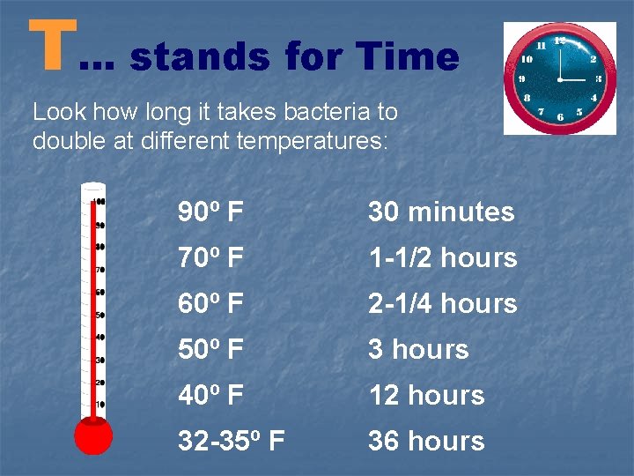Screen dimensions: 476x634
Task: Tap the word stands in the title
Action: tap(202, 58)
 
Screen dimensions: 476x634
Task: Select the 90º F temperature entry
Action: tap(211, 212)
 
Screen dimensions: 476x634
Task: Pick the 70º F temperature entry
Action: tap(211, 258)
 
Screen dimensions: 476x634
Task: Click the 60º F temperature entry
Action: tap(211, 304)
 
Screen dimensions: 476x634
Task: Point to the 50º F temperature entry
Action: tap(211, 350)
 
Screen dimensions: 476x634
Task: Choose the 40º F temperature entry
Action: tap(211, 396)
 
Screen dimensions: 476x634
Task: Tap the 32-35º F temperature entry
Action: tap(231, 442)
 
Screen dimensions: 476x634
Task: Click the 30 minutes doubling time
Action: tap(440, 212)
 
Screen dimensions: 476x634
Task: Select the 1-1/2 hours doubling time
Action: tap(442, 258)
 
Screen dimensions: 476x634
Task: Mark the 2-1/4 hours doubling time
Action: tap(442, 304)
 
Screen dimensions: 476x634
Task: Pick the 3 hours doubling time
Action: tap(418, 350)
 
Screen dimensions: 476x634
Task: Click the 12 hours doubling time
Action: tap(426, 396)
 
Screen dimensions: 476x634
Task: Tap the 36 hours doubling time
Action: tap(426, 442)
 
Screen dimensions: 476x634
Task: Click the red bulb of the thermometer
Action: tap(93, 436)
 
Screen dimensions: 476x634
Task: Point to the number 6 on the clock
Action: tap(560, 117)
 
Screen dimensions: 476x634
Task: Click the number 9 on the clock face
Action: tap(521, 78)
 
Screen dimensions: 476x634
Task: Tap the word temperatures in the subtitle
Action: tap(313, 141)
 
